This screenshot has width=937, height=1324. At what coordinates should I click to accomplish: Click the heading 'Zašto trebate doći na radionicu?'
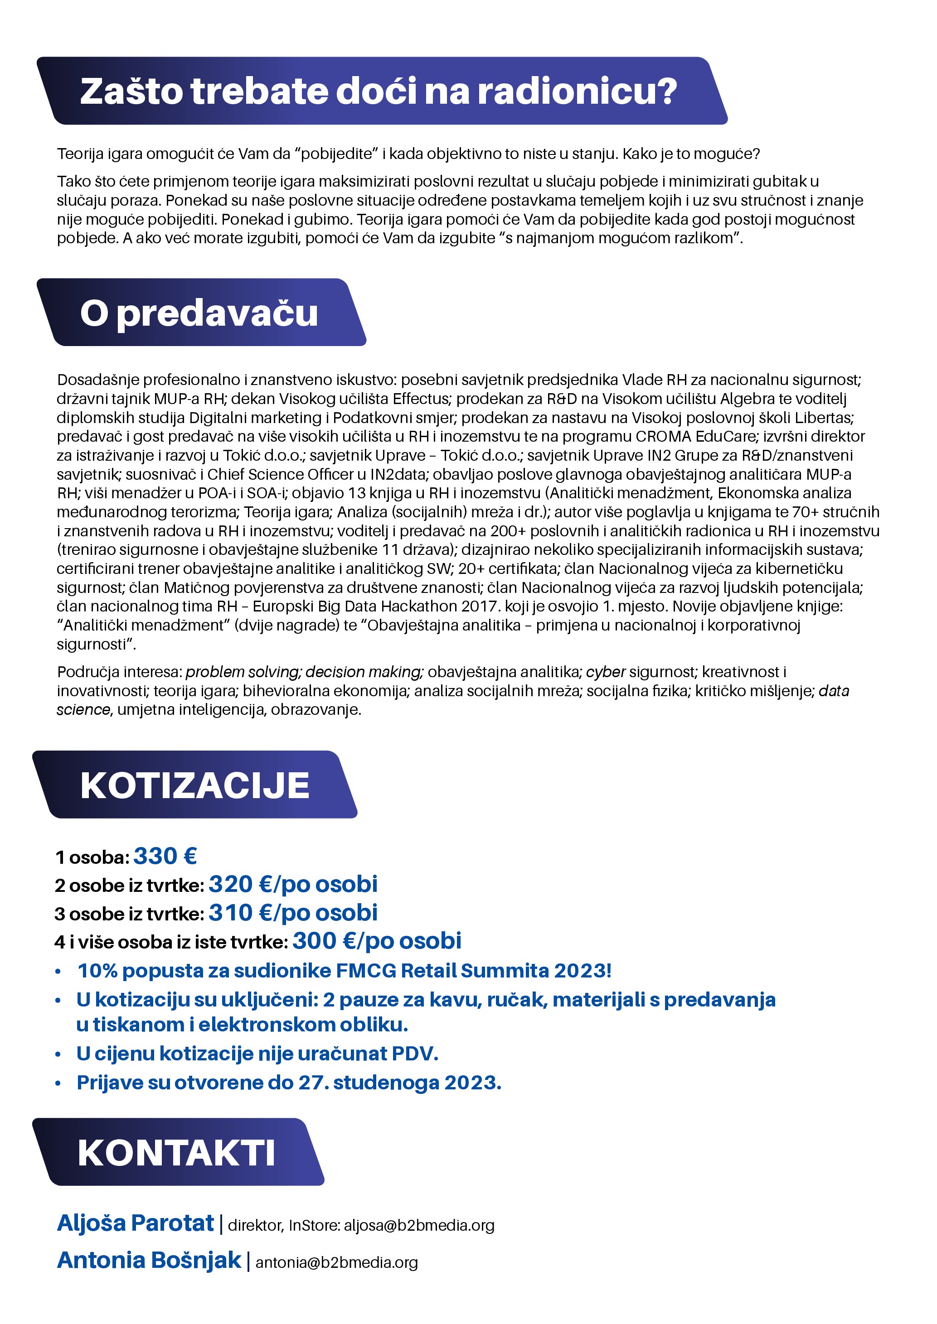[x=378, y=91]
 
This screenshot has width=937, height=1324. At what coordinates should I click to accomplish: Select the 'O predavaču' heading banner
[x=199, y=313]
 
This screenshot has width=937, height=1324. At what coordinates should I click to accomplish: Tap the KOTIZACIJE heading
[x=195, y=785]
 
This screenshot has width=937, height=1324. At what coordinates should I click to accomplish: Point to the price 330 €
[x=165, y=857]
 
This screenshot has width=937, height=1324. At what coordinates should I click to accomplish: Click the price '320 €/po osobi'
[x=293, y=884]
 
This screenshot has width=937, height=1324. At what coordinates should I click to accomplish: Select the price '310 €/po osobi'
[x=293, y=912]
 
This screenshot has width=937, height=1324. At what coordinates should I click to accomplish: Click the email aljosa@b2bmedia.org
[x=419, y=1225]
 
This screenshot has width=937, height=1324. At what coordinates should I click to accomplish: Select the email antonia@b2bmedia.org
[x=336, y=1263]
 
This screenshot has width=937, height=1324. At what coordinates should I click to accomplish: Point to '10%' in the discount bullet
[x=97, y=971]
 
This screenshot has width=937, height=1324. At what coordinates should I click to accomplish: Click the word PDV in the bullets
[x=414, y=1054]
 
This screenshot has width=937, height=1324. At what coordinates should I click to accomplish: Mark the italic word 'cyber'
[x=605, y=672]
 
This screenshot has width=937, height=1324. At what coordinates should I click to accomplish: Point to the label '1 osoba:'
[x=92, y=857]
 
